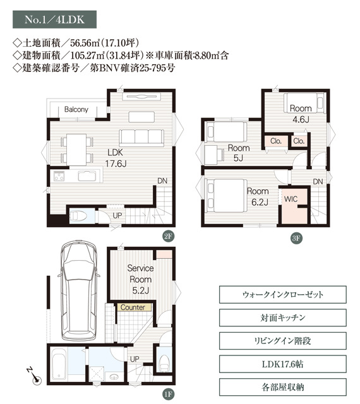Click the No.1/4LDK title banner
coord(54,20)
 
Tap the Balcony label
coord(76,109)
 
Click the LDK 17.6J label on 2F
coord(116,158)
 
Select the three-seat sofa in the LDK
coord(141,138)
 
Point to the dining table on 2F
coord(76,150)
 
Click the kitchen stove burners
coord(59,176)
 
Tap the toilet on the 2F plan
coord(78,216)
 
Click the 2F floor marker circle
coord(168,236)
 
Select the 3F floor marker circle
coord(297,238)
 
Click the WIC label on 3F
coord(291,199)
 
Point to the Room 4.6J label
coord(301,114)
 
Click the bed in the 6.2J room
coord(225,196)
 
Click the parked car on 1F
coord(79,290)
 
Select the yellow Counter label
coord(133,307)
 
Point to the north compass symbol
coord(34,376)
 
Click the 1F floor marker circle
coord(168,394)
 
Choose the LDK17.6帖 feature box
coord(283,364)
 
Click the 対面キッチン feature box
coord(283,318)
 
